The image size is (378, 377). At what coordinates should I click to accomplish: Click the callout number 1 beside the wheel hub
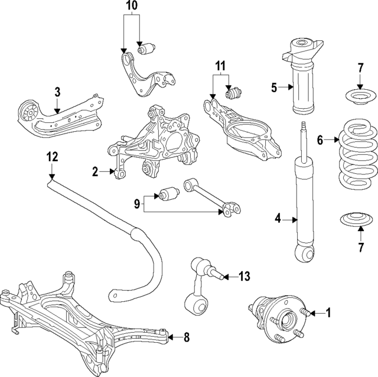click(328, 313)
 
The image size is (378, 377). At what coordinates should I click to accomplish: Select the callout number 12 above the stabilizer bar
click(52, 157)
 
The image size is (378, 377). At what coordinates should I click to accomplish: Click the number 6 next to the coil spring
click(320, 140)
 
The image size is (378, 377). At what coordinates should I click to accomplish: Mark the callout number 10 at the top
click(131, 7)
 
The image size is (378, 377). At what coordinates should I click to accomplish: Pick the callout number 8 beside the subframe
click(187, 338)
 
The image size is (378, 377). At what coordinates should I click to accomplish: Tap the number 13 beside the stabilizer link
click(244, 276)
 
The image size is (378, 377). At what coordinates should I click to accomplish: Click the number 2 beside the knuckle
click(94, 171)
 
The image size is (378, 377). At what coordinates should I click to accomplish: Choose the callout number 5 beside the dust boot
click(274, 88)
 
